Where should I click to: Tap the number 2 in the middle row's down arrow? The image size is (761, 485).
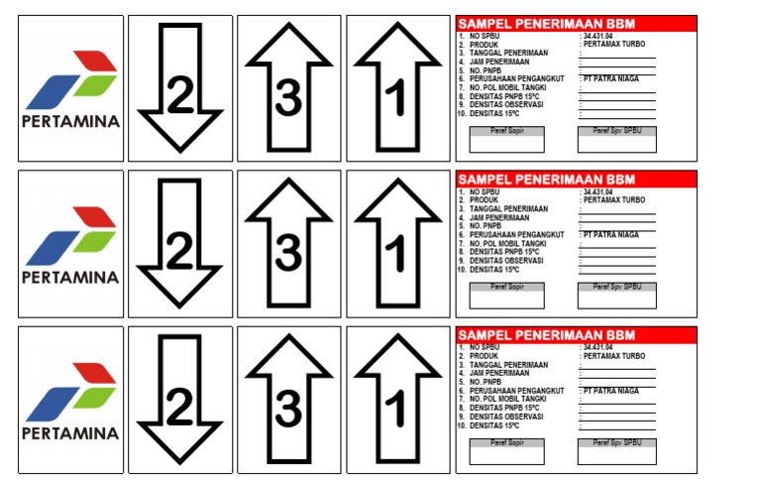(179, 254)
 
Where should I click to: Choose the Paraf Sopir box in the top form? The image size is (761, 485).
(506, 140)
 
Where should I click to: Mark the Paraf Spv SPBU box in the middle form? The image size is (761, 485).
(615, 296)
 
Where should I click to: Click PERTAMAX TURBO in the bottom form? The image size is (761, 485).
(614, 356)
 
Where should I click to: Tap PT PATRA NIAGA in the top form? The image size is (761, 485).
(611, 78)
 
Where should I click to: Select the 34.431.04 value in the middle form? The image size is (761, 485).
(600, 192)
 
